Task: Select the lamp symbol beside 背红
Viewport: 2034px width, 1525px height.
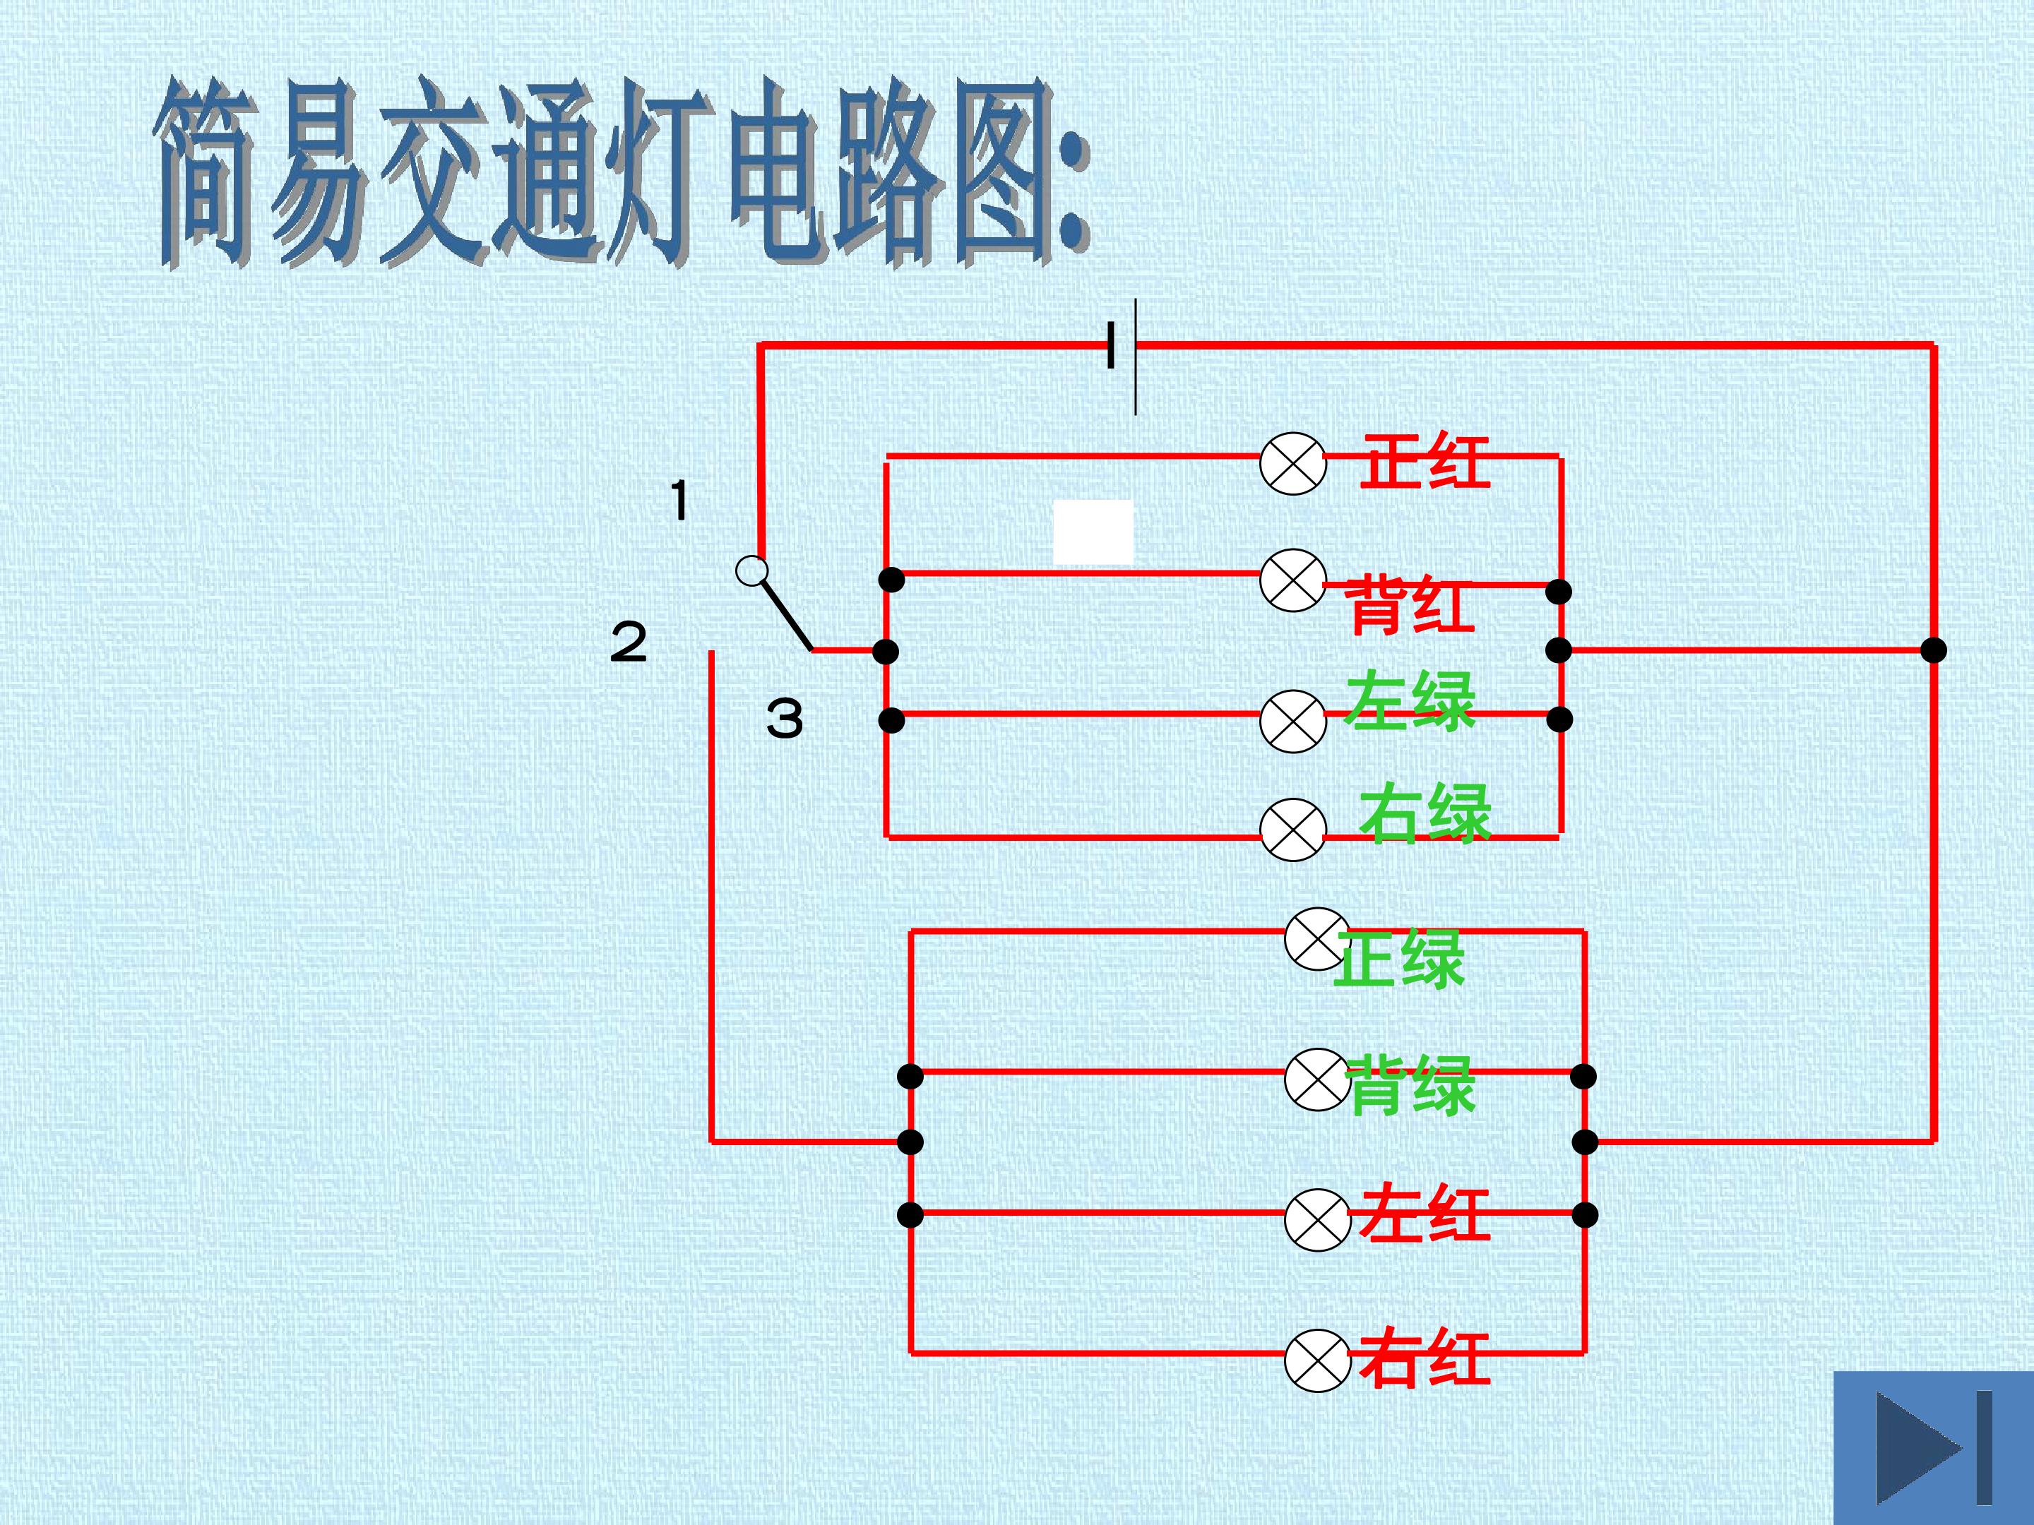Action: (x=1293, y=581)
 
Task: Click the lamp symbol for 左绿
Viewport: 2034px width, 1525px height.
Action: (x=1293, y=721)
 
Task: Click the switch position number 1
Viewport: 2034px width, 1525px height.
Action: (x=679, y=502)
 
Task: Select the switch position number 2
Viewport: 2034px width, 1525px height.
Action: (x=629, y=642)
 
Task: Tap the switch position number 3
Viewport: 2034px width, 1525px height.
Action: (x=785, y=719)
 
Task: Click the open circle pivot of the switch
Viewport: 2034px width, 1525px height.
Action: (x=752, y=572)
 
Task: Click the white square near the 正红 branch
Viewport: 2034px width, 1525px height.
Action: (x=1093, y=532)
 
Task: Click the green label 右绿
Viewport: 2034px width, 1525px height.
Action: (x=1425, y=815)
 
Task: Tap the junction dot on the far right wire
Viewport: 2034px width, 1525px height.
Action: (x=1934, y=650)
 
